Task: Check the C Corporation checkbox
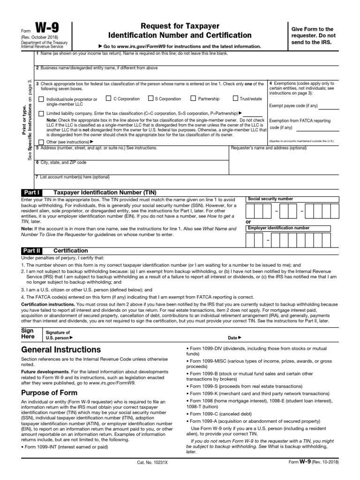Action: [x=108, y=98]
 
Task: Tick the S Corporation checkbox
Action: [x=151, y=98]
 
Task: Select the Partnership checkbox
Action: [x=193, y=98]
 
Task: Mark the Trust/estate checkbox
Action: [x=235, y=98]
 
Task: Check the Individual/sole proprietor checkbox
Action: [x=41, y=99]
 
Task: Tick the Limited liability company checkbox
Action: [x=41, y=113]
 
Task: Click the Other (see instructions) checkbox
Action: [x=41, y=142]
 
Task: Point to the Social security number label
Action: [x=270, y=199]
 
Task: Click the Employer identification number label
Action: [x=278, y=228]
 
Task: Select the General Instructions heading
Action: [x=61, y=350]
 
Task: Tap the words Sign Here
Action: [x=28, y=333]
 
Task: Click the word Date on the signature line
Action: [x=233, y=337]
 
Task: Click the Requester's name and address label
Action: [x=269, y=148]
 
